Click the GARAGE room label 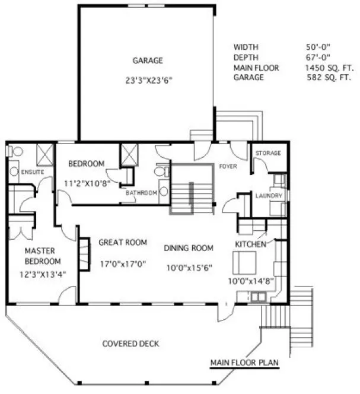pyautogui.click(x=148, y=61)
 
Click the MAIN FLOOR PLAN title pyautogui.click(x=244, y=363)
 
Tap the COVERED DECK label pyautogui.click(x=130, y=344)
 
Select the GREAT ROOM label pyautogui.click(x=122, y=242)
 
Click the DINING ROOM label pyautogui.click(x=189, y=247)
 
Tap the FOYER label pyautogui.click(x=228, y=166)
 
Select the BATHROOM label pyautogui.click(x=142, y=193)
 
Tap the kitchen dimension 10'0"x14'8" pyautogui.click(x=250, y=281)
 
